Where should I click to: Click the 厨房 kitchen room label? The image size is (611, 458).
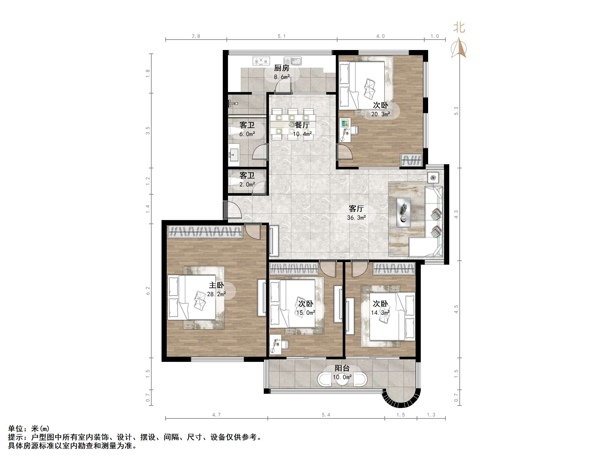point(281,68)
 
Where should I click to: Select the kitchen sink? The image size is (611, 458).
point(293,61)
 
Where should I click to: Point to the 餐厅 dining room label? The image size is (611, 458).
point(302,125)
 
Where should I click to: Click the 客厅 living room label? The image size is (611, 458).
point(356,208)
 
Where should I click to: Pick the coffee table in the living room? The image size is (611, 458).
point(403,212)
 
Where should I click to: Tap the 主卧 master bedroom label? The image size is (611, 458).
point(216,285)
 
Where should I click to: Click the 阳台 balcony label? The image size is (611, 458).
point(342,368)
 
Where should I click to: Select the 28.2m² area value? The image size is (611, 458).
point(216,294)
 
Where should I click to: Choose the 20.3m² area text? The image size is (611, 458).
point(380,114)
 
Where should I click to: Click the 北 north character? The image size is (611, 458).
point(459,28)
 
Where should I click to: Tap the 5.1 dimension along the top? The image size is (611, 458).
point(281,36)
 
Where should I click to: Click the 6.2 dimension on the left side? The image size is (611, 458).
point(148,291)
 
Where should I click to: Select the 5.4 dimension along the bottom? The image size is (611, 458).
point(326,415)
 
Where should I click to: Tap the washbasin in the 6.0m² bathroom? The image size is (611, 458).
point(234,155)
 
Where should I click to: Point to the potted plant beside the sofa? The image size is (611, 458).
point(433,178)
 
